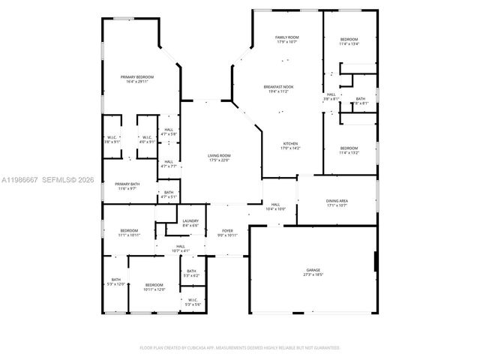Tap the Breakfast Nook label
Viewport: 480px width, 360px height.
[278, 88]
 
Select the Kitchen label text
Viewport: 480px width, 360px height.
[291, 145]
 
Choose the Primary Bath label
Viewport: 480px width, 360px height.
[127, 185]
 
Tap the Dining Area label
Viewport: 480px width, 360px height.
[337, 202]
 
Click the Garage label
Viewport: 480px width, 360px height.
[313, 271]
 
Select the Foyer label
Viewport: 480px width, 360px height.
[227, 232]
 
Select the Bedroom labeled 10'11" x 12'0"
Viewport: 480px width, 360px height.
[154, 286]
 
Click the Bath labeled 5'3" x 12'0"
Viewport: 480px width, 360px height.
[115, 282]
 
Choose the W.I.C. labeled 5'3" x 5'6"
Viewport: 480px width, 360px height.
[193, 302]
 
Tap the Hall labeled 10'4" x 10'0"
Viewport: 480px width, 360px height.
[275, 207]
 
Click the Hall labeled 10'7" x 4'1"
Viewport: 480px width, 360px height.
[181, 248]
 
